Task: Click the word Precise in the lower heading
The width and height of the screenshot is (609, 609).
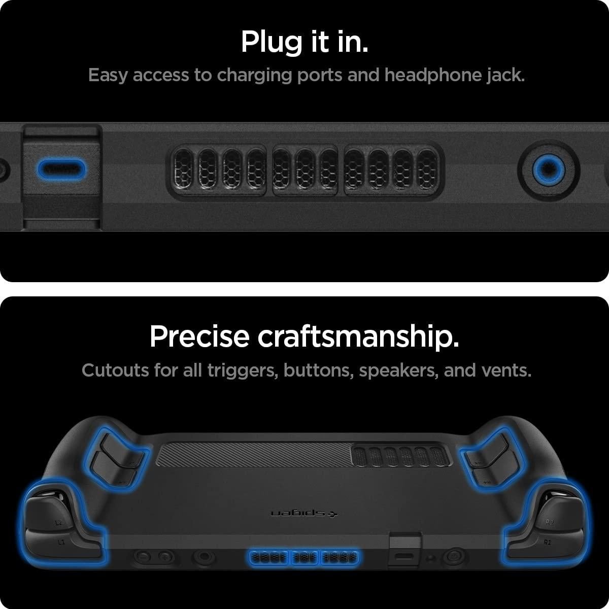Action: [x=200, y=336]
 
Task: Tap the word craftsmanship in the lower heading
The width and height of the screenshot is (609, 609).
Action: [x=358, y=336]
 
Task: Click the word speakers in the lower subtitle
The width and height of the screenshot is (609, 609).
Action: [x=398, y=370]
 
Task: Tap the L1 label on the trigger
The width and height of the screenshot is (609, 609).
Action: [x=61, y=543]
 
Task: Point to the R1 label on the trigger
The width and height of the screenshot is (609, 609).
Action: [x=547, y=543]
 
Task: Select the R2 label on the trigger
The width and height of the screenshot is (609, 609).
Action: [x=550, y=522]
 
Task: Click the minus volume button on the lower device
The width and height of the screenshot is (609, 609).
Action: [x=144, y=557]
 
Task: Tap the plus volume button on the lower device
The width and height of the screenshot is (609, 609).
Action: [x=164, y=557]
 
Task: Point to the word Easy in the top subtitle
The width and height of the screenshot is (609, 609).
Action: [x=108, y=75]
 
